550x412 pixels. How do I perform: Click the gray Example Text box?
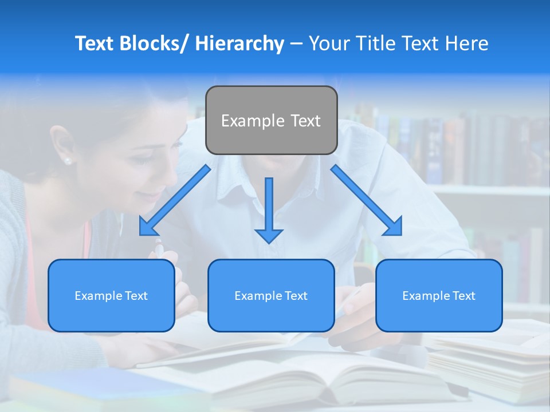(271, 120)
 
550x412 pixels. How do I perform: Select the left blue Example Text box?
(111, 295)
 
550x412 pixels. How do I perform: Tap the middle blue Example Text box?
(271, 295)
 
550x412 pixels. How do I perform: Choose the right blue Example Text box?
(439, 295)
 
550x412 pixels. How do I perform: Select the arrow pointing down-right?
(367, 200)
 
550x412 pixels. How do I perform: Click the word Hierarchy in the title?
(239, 43)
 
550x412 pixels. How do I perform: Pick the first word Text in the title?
(94, 43)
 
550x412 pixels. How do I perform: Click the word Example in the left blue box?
(97, 296)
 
